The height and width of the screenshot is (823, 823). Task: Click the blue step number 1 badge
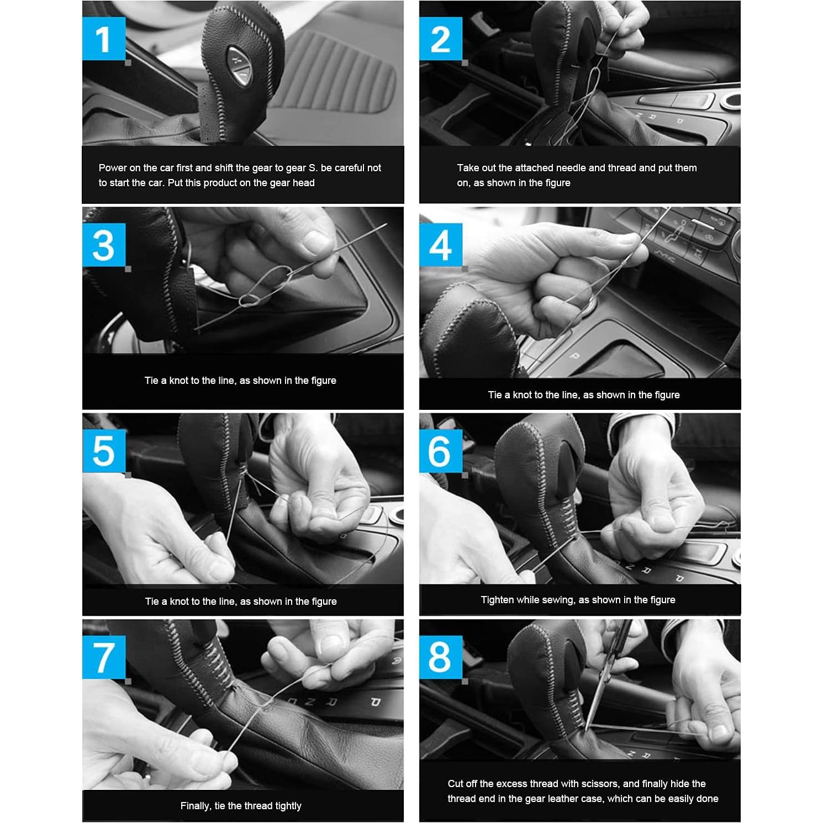104,38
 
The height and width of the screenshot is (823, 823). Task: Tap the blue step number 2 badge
441,38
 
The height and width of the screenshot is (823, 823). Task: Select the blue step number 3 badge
104,245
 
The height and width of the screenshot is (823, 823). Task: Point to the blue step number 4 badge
441,245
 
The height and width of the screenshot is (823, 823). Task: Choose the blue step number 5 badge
104,451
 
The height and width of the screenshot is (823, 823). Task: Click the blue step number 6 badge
441,451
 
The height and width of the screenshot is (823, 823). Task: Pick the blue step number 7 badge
104,657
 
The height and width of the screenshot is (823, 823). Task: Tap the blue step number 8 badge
441,657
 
